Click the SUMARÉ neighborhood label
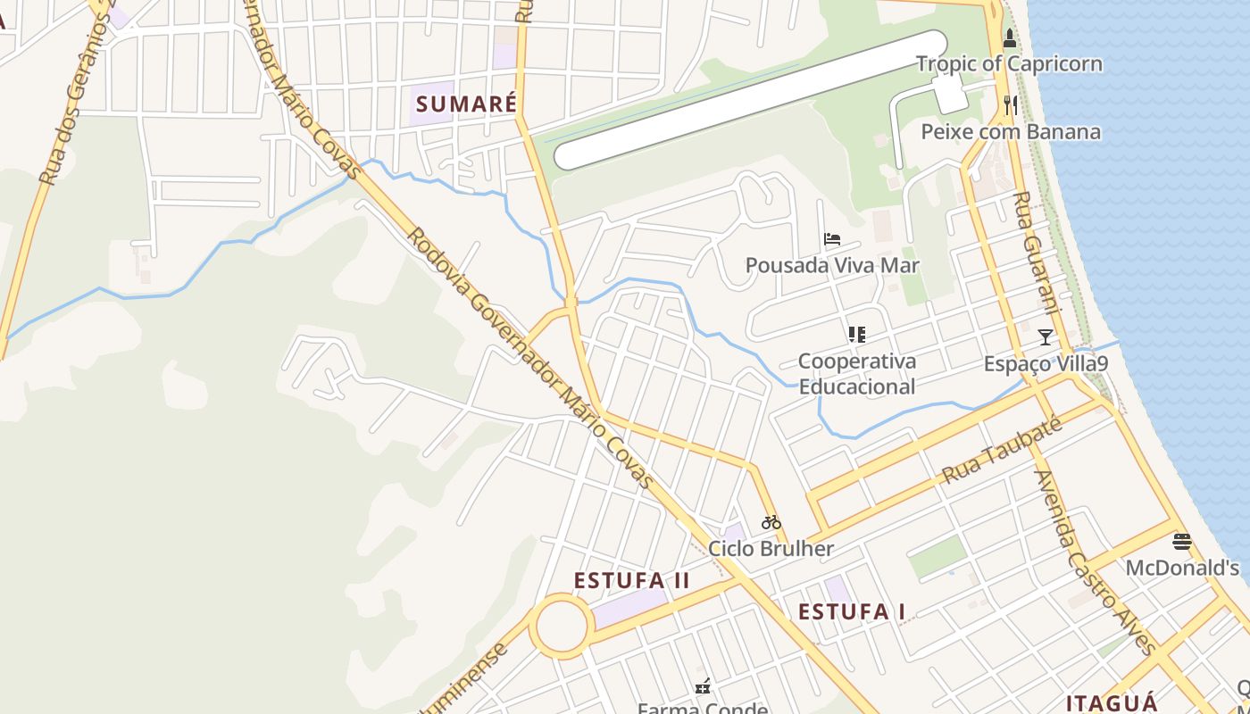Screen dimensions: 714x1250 (466, 104)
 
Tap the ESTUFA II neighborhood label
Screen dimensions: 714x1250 (631, 580)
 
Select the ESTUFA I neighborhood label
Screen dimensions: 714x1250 (852, 611)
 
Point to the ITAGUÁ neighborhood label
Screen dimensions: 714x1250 (1112, 702)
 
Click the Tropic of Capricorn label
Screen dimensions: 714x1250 (1009, 64)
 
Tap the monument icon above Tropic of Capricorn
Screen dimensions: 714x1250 (1010, 38)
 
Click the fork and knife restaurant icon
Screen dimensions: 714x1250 (1010, 105)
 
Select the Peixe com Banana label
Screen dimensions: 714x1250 (1011, 132)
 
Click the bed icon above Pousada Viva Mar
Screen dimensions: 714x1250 (832, 239)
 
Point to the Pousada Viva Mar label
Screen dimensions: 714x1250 (832, 265)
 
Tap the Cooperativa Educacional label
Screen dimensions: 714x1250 (856, 374)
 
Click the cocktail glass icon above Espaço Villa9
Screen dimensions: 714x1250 (1046, 337)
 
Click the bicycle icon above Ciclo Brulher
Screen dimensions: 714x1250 (771, 522)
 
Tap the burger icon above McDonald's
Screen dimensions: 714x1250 (1182, 541)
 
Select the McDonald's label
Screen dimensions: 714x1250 (1182, 568)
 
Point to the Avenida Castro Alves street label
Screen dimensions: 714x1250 (1094, 562)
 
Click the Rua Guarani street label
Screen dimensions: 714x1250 (1037, 252)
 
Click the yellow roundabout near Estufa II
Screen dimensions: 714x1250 (562, 627)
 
